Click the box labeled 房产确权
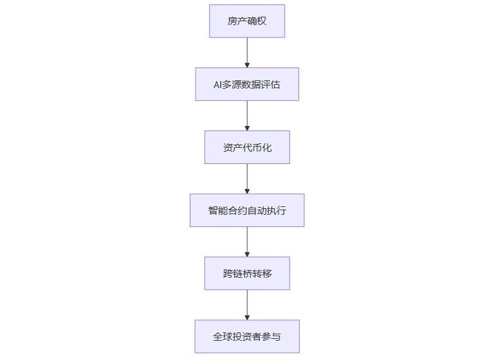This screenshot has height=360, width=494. click(247, 21)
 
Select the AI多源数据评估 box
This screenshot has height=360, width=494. click(247, 84)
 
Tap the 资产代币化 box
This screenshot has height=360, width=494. click(247, 147)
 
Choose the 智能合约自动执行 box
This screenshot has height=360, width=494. click(247, 210)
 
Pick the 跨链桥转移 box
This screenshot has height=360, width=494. click(247, 273)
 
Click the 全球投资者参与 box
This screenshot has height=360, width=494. click(247, 336)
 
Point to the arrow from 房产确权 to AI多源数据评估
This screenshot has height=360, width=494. click(247, 53)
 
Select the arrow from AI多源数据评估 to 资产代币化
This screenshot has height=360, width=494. click(247, 116)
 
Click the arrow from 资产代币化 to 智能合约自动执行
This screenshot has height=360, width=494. click(247, 179)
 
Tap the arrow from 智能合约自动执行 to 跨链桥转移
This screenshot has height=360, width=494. click(247, 242)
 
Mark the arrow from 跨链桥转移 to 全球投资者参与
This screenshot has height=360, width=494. click(247, 305)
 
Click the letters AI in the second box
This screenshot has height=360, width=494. click(217, 84)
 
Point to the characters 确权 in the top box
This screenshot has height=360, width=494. click(257, 21)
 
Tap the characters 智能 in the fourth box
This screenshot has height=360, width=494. click(217, 210)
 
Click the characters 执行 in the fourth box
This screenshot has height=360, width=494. click(277, 210)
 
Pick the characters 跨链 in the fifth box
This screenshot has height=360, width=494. click(232, 273)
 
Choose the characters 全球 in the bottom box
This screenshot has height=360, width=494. click(223, 337)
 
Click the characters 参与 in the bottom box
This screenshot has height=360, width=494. click(271, 337)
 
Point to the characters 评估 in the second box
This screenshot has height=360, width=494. click(271, 84)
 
